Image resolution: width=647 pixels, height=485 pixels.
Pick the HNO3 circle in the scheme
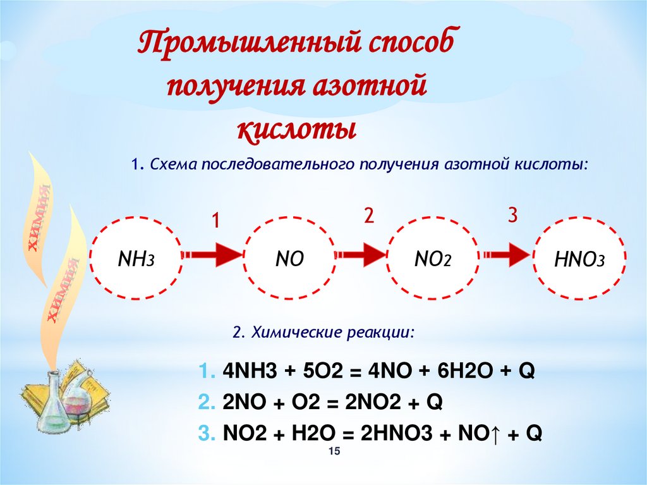point(580,258)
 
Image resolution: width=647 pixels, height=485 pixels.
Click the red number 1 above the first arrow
point(215,221)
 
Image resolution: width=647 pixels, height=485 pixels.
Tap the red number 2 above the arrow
point(369,216)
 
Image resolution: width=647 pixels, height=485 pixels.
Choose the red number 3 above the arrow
point(512,216)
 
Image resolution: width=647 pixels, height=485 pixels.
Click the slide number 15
point(334,450)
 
